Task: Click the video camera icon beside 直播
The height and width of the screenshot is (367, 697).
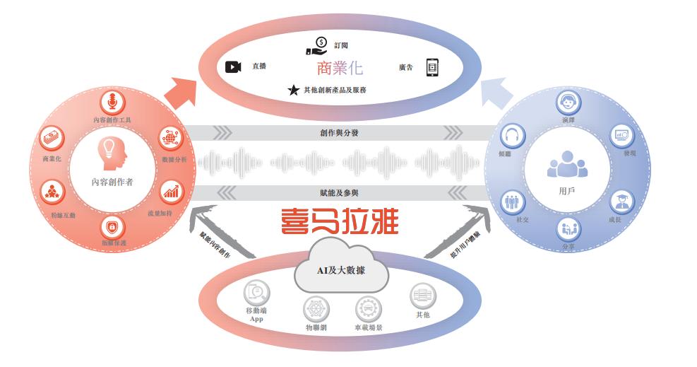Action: pyautogui.click(x=233, y=67)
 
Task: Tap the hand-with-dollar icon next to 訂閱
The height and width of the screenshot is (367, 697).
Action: pyautogui.click(x=317, y=46)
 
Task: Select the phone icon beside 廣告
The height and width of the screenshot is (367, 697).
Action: pyautogui.click(x=432, y=68)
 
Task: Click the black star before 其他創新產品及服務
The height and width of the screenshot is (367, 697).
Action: pyautogui.click(x=293, y=91)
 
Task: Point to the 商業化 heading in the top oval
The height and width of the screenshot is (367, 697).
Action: pyautogui.click(x=340, y=69)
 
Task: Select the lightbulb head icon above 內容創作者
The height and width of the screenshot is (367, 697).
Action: pyautogui.click(x=111, y=153)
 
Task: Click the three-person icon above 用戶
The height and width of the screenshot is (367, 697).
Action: pyautogui.click(x=567, y=164)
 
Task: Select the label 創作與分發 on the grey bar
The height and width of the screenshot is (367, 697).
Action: pyautogui.click(x=339, y=133)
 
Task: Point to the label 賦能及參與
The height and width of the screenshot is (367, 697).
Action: pyautogui.click(x=339, y=192)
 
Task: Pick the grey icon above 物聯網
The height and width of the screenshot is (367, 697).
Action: pyautogui.click(x=316, y=310)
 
